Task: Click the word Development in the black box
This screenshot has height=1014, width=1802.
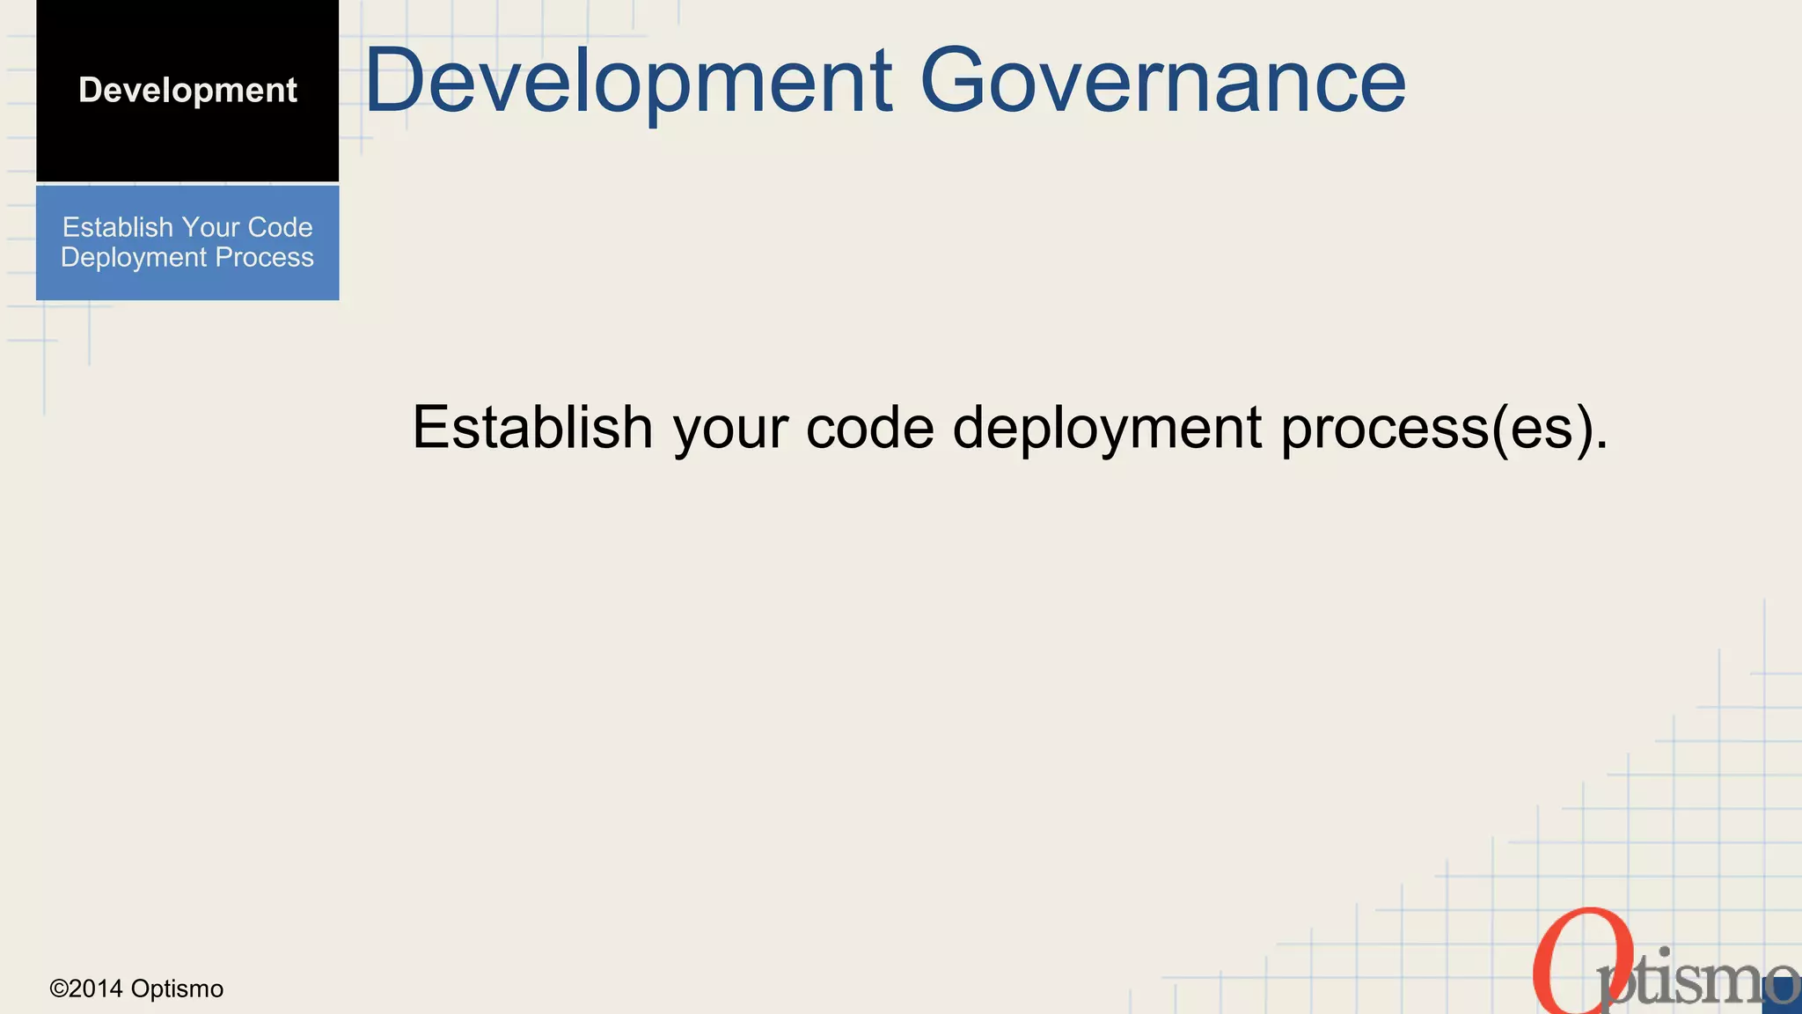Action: [187, 91]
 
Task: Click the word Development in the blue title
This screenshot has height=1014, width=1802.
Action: [628, 81]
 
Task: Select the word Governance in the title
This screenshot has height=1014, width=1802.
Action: [1162, 81]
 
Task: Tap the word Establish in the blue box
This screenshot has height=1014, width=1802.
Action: [118, 227]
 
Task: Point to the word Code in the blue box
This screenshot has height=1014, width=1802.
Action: [280, 227]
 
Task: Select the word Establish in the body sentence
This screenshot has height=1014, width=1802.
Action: [532, 427]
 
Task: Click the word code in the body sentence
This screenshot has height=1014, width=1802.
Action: [869, 427]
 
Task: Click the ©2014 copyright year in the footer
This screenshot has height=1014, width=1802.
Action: [86, 989]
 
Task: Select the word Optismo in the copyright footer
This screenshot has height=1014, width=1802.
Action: [177, 989]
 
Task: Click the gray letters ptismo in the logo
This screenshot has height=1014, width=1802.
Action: [1694, 981]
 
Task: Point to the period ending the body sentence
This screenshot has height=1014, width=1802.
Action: [1601, 446]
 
